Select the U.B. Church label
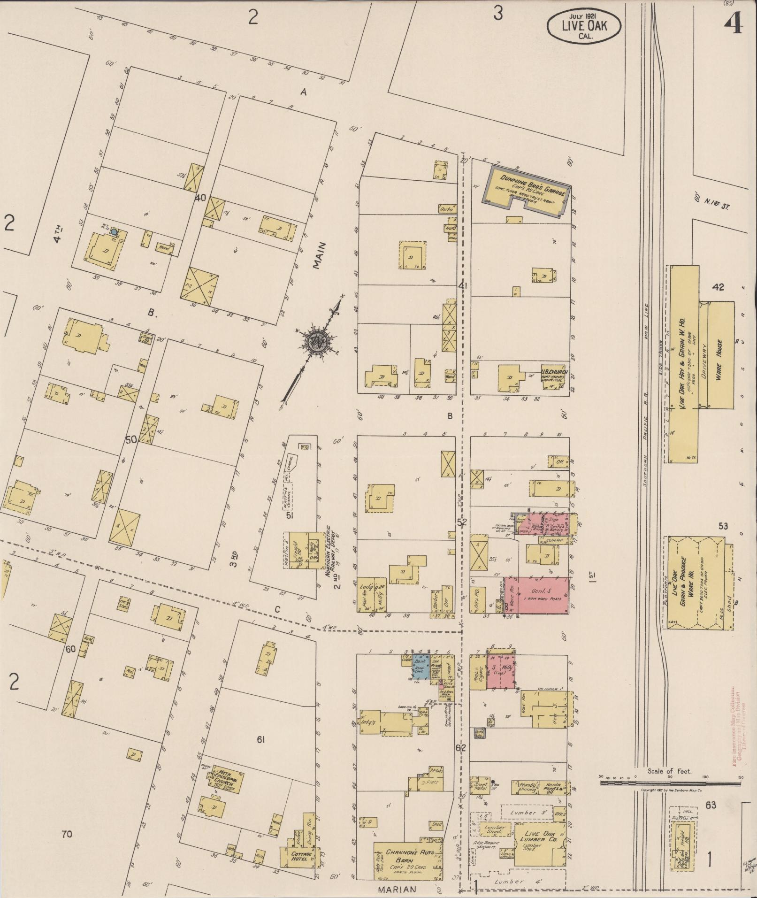(x=555, y=372)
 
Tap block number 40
(x=200, y=198)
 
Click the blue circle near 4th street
(x=114, y=231)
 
